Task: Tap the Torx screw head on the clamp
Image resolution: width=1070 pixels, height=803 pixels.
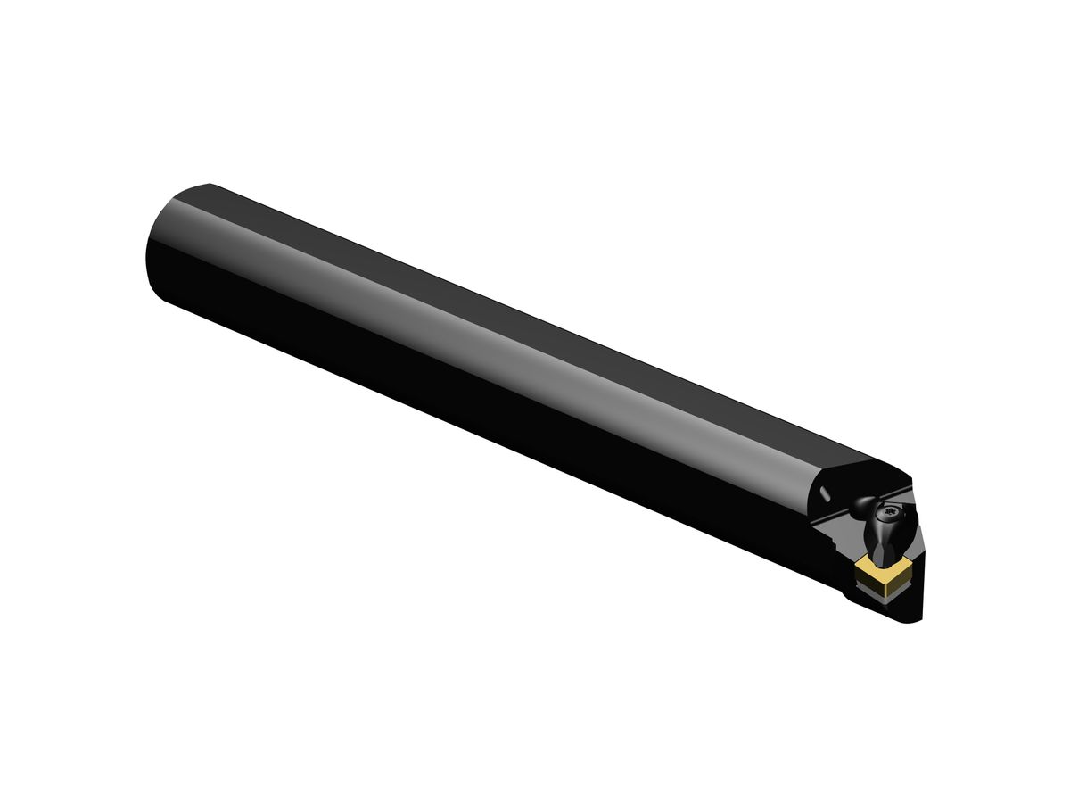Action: pos(891,512)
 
